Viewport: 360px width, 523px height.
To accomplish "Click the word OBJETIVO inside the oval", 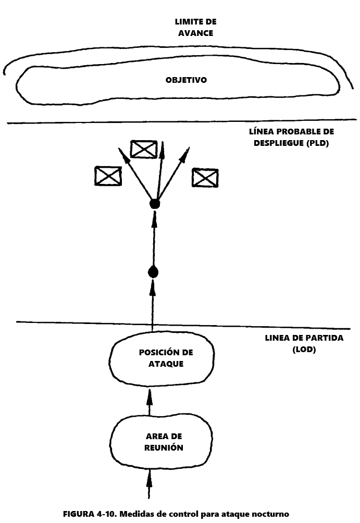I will click(x=186, y=80).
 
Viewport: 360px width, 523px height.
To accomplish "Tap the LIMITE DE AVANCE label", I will click(x=195, y=28).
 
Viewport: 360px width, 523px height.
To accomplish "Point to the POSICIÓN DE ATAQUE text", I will click(x=166, y=358).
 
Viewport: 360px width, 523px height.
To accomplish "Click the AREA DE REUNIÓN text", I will click(x=164, y=441).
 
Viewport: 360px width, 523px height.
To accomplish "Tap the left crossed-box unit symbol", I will click(x=108, y=176).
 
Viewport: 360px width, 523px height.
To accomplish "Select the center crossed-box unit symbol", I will click(x=144, y=149).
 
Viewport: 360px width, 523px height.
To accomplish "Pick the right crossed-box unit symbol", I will click(x=205, y=178).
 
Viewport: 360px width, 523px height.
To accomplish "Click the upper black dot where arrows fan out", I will click(x=154, y=204).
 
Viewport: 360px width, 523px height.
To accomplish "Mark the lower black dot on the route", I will click(x=153, y=272).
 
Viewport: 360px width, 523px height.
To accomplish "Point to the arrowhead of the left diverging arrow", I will click(x=122, y=153).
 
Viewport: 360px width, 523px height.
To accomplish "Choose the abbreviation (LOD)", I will click(x=304, y=350).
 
